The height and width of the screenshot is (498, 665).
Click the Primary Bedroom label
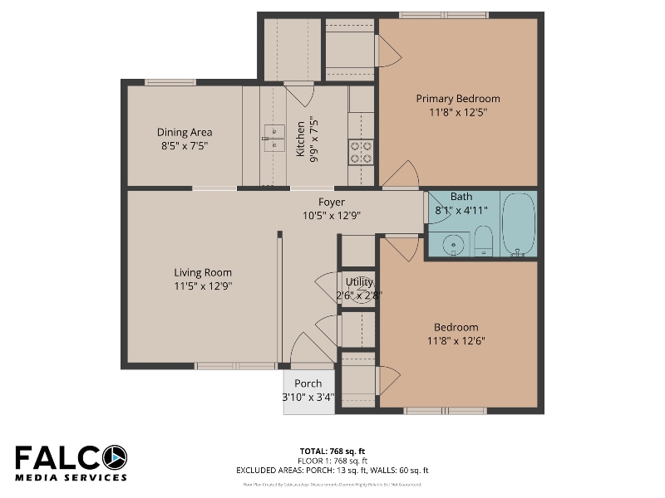(458, 99)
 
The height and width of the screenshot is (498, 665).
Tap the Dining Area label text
(185, 132)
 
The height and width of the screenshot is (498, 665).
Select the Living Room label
(203, 272)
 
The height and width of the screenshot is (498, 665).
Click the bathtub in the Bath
(519, 223)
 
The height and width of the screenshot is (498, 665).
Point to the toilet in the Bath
(484, 242)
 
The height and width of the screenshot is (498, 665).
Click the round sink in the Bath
(453, 244)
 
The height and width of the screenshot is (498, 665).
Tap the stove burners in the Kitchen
(361, 151)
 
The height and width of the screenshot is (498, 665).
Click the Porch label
(308, 383)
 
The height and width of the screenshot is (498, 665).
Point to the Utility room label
(359, 282)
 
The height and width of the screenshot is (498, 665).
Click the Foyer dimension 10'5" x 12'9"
(332, 215)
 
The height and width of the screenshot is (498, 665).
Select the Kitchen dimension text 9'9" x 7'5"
(313, 138)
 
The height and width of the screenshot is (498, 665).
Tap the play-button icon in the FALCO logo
(114, 457)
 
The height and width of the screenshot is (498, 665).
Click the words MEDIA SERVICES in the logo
(71, 477)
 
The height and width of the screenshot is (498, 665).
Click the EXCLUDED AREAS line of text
(332, 471)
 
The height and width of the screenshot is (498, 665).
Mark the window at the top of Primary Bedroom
(443, 15)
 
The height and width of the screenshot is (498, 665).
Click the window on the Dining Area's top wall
(170, 82)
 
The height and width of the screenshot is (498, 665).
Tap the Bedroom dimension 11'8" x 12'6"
(456, 340)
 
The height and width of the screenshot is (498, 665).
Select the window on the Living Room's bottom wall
(235, 365)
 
